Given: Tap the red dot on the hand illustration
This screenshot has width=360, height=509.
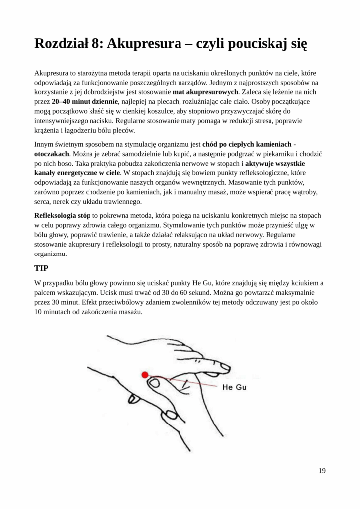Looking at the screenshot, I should tap(145, 375).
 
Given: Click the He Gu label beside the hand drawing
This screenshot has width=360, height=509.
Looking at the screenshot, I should tap(234, 387).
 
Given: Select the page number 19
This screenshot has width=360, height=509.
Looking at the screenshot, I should tap(322, 471).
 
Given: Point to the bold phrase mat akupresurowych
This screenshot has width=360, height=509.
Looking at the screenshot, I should tap(206, 92).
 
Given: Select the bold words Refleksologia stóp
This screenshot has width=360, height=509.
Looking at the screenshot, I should tap(62, 215).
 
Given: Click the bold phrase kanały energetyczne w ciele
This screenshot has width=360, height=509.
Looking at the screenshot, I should tap(77, 173).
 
